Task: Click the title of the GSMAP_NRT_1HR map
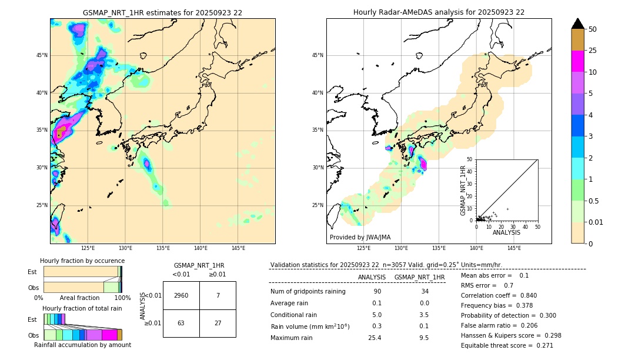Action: point(162,12)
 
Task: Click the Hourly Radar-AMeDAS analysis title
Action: point(439,12)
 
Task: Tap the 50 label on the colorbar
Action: point(593,29)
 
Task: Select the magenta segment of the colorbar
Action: point(577,61)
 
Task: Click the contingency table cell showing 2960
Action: point(181,295)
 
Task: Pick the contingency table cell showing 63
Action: point(181,323)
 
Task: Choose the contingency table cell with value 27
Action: point(218,323)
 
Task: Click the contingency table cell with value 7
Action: point(218,295)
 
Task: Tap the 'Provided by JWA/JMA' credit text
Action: point(360,237)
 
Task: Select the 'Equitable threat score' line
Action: point(507,345)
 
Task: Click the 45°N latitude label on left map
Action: point(42,55)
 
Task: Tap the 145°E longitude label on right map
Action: point(514,248)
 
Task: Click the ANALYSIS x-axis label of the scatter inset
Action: point(506,232)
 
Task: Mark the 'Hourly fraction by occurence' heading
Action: point(82,261)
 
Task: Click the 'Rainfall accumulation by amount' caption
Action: point(82,345)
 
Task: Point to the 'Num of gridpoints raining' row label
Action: point(308,292)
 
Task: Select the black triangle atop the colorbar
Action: point(577,24)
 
